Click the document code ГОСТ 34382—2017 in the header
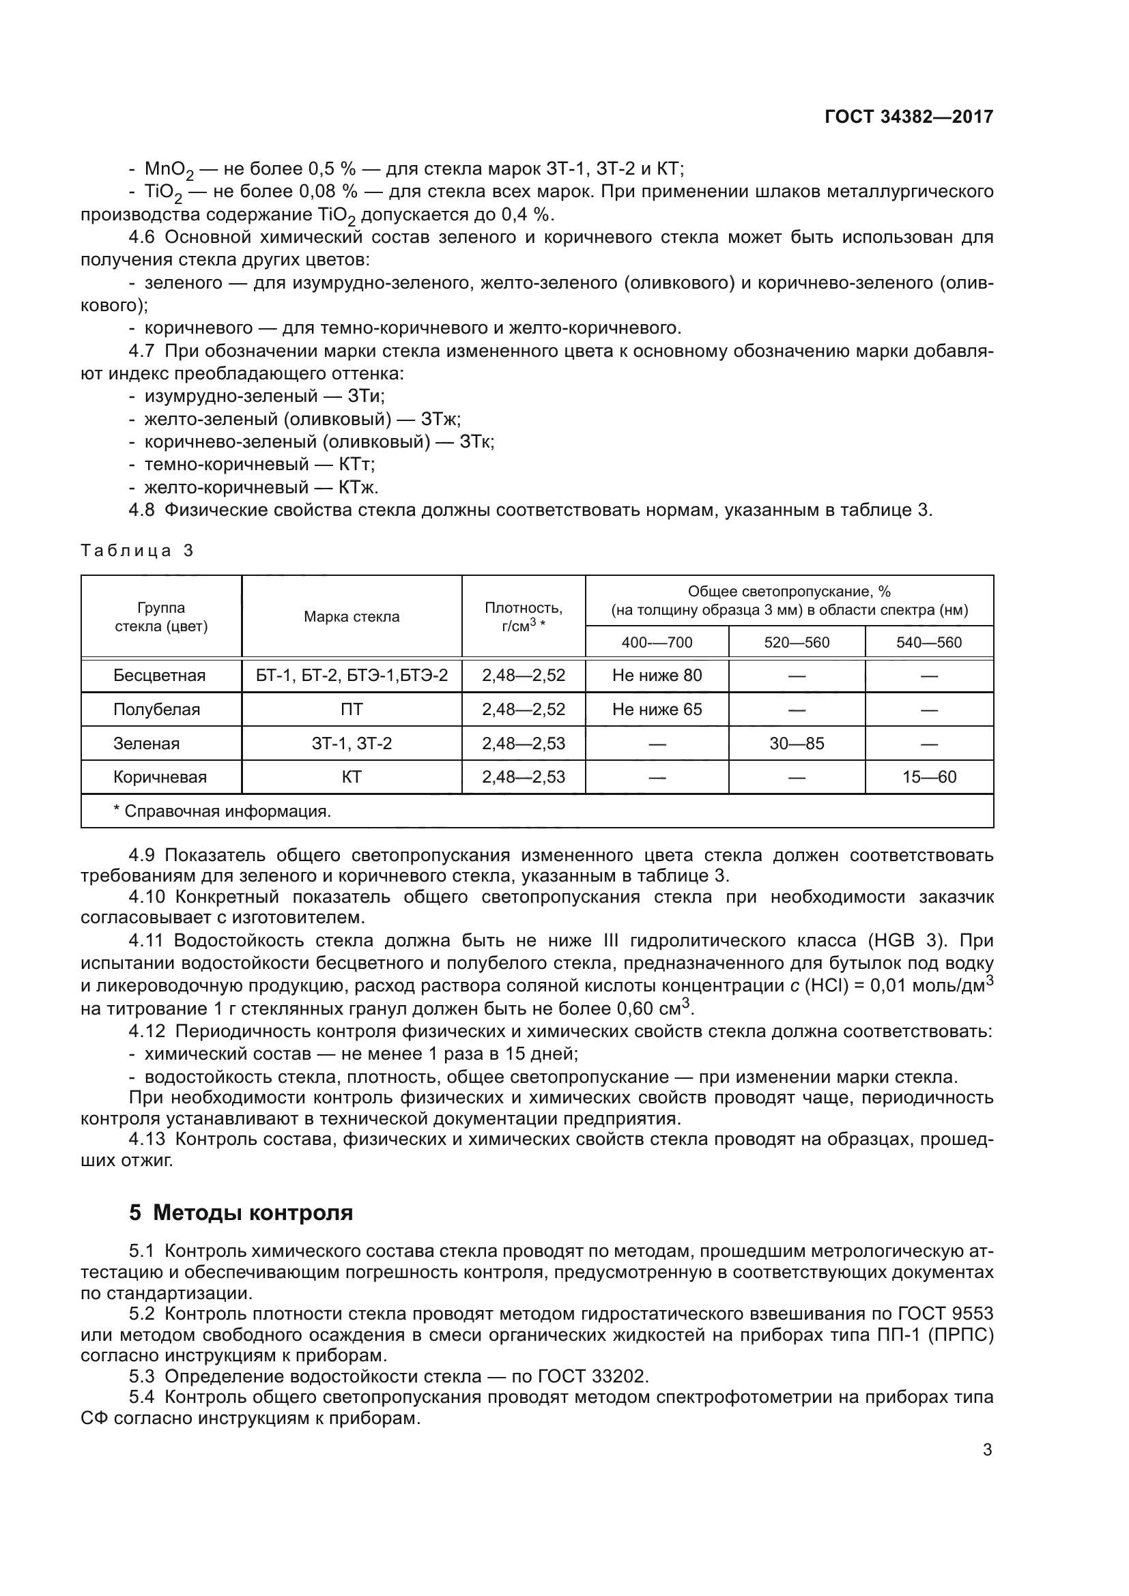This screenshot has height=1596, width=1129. point(909,117)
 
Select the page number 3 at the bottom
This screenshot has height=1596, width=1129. point(987,1450)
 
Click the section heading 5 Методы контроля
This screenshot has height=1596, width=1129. point(240,1213)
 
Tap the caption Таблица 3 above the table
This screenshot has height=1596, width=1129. point(137,551)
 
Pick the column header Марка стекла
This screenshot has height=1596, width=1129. point(351,617)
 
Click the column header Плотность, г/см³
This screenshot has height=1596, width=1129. point(524,616)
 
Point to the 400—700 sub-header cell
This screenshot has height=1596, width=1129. point(656,642)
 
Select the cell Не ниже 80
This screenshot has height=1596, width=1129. point(656,675)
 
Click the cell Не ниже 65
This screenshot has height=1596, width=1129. point(656,709)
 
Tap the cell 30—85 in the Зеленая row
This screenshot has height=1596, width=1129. point(796,743)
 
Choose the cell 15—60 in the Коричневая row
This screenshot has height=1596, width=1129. point(929,777)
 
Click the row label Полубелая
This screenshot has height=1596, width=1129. point(156,709)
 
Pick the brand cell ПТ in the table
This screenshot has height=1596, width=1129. point(351,709)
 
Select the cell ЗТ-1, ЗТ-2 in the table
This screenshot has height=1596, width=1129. point(351,743)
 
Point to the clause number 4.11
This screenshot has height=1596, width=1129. point(146,940)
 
